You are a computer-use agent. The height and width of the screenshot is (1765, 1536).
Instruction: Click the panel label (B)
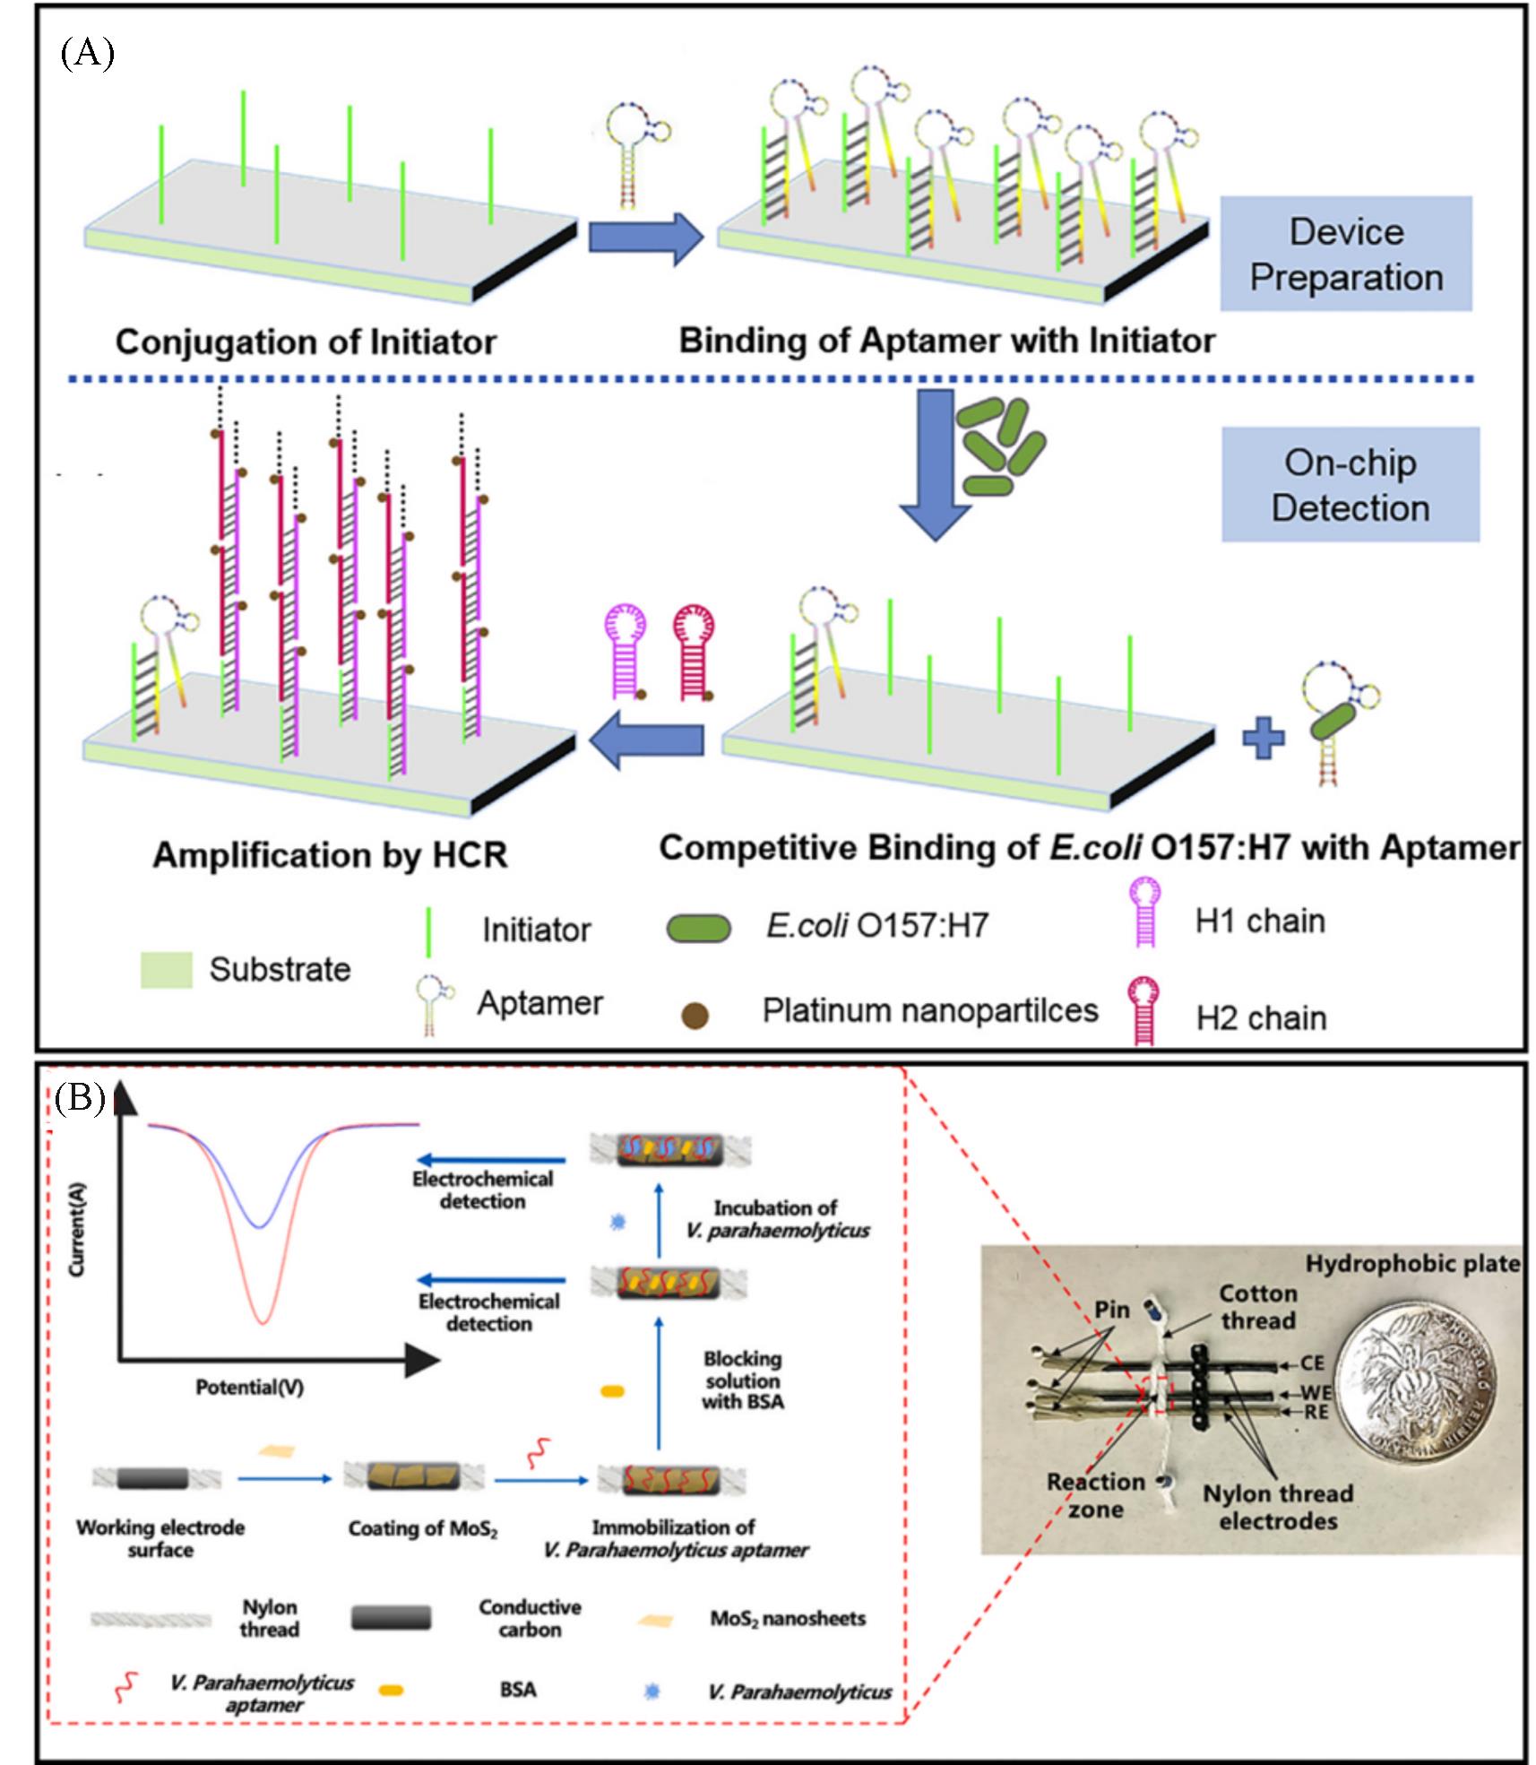pyautogui.click(x=80, y=1097)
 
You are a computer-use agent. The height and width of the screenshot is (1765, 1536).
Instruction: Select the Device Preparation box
pyautogui.click(x=1346, y=254)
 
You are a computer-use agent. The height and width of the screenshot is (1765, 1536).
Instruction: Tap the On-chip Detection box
pyautogui.click(x=1350, y=485)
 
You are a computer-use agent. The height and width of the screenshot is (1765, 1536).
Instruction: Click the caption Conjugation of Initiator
pyautogui.click(x=306, y=342)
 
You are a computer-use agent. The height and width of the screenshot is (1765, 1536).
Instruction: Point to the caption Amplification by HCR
pyautogui.click(x=330, y=854)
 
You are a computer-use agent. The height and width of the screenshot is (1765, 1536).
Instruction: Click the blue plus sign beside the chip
pyautogui.click(x=1263, y=739)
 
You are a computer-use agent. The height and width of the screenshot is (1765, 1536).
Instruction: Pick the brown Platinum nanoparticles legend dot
pyautogui.click(x=695, y=1015)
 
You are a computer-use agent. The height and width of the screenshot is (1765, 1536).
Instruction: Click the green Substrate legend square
pyautogui.click(x=167, y=970)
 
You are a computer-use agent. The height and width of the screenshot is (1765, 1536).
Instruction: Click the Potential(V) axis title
pyautogui.click(x=249, y=1387)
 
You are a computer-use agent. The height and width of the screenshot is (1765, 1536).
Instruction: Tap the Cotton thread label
pyautogui.click(x=1257, y=1307)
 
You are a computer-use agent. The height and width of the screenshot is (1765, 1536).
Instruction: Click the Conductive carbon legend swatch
pyautogui.click(x=391, y=1618)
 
